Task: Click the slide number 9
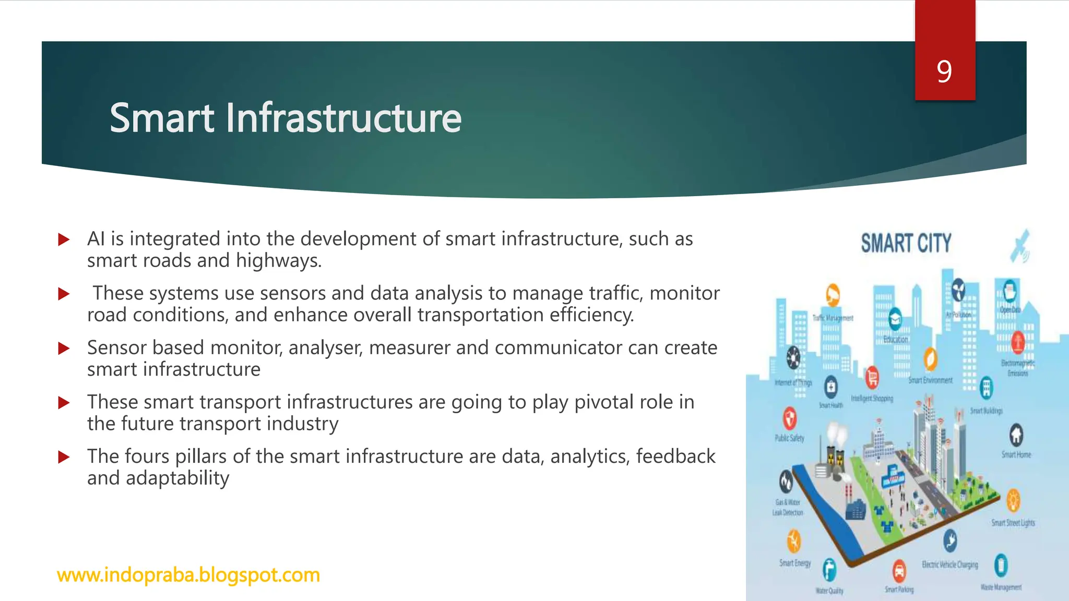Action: click(x=944, y=71)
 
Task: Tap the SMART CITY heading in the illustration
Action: click(x=906, y=244)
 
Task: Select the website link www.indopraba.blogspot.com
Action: click(x=188, y=575)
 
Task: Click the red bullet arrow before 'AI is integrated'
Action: click(x=64, y=240)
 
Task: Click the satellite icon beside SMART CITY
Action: click(x=1019, y=246)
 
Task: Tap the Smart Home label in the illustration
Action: click(x=1016, y=454)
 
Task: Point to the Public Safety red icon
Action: click(x=790, y=418)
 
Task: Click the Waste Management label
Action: click(x=1001, y=587)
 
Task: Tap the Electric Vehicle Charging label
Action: click(x=949, y=565)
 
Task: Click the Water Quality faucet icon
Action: click(x=829, y=569)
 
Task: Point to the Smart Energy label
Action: click(x=795, y=563)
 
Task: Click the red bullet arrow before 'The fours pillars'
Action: click(x=64, y=458)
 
